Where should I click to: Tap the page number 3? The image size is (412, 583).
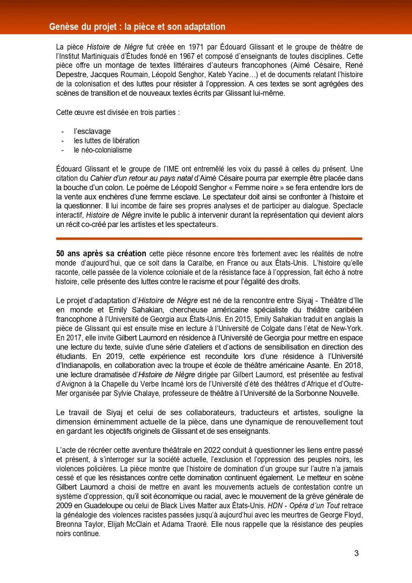pos(356,553)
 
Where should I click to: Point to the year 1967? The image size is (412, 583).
pos(187,56)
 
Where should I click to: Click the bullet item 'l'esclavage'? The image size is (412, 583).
pos(92,131)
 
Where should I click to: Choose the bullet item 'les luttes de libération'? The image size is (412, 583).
pos(107,141)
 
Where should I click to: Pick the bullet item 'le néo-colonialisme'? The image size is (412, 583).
pos(103,150)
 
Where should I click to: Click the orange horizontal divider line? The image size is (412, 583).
pos(209,239)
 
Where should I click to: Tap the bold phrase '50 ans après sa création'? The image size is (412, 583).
pos(101,254)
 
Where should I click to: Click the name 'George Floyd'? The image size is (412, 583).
pos(341,515)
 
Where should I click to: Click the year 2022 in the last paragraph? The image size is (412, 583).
pos(212,450)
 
